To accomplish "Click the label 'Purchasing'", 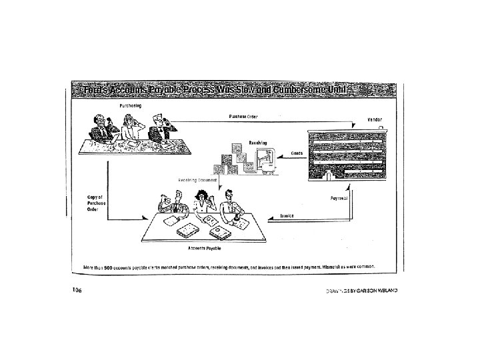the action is [x=130, y=106].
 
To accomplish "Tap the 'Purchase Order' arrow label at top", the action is [x=243, y=117].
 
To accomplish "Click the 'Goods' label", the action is [x=297, y=153].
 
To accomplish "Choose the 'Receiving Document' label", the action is [x=197, y=181].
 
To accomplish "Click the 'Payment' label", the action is [x=340, y=199].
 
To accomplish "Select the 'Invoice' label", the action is [x=287, y=215].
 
